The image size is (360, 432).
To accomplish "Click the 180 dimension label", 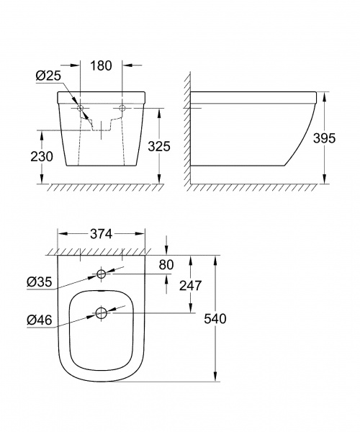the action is coord(101,66).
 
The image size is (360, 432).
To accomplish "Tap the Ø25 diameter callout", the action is coord(48,76).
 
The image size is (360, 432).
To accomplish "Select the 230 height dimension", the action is coord(41,156).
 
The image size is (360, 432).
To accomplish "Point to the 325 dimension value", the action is coord(159,146).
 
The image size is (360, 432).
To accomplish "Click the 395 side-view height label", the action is coord(325,138).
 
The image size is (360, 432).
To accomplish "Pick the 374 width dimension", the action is coord(101,234).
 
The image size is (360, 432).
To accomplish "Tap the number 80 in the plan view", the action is coord(166,265).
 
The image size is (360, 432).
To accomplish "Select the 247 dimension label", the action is coord(191,286).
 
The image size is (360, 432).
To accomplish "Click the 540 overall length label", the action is coord(215,319).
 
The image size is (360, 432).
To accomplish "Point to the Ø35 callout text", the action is coord(40,282).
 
